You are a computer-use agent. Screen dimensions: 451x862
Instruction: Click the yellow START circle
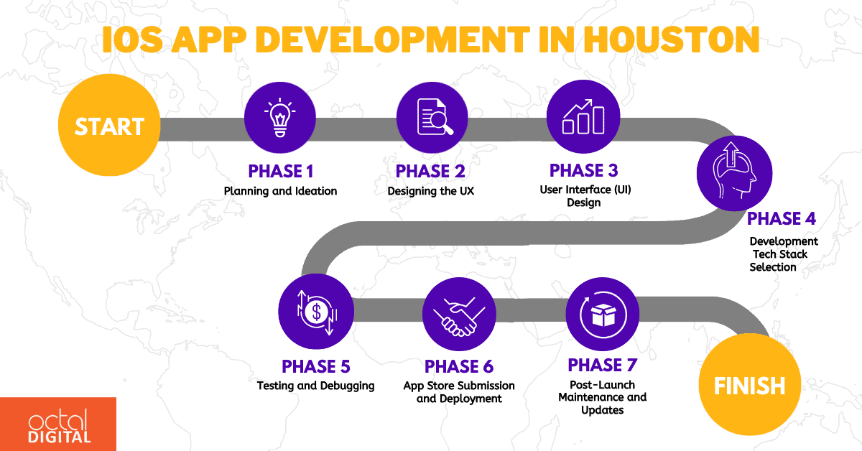(x=109, y=127)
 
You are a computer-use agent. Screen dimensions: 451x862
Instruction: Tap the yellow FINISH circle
(x=749, y=386)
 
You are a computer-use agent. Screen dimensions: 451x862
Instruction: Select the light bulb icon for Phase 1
(x=280, y=119)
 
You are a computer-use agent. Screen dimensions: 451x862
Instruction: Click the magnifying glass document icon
(x=432, y=119)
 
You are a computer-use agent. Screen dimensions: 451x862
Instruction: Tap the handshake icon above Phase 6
(x=460, y=314)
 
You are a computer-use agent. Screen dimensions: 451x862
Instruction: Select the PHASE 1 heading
(x=280, y=172)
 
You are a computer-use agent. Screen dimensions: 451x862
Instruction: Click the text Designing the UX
(x=431, y=191)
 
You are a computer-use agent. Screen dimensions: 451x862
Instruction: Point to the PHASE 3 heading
(x=583, y=171)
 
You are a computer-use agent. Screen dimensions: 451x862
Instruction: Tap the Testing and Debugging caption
(x=316, y=386)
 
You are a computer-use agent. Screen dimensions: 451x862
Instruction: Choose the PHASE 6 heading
(x=459, y=367)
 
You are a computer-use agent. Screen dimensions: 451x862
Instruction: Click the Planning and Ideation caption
(x=280, y=191)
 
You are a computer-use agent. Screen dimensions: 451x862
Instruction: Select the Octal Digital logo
(x=57, y=424)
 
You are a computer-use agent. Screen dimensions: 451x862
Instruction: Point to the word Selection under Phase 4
(x=773, y=267)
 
